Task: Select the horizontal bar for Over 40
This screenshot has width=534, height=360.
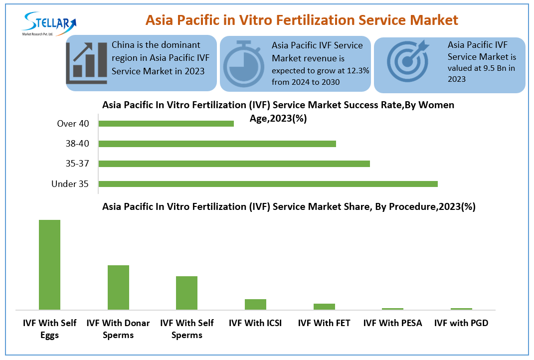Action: [166, 124]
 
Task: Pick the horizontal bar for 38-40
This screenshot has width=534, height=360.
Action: [217, 144]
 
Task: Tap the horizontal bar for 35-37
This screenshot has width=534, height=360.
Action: [234, 164]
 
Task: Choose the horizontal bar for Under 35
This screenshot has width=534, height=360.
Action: [268, 184]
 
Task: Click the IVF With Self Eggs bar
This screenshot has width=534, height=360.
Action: [49, 265]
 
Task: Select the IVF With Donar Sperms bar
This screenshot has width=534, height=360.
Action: [118, 287]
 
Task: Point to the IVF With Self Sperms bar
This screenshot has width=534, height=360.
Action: [186, 293]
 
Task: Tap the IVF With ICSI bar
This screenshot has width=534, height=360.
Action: [255, 304]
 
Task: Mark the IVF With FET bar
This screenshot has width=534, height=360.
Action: [324, 307]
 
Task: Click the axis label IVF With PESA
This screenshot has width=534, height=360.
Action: [392, 323]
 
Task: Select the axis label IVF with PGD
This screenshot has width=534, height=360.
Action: [461, 323]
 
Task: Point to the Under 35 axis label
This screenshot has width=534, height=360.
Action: [70, 184]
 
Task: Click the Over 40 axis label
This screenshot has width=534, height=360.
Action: [73, 124]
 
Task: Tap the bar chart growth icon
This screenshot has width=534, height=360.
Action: [87, 62]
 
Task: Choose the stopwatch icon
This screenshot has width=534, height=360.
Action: [243, 64]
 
